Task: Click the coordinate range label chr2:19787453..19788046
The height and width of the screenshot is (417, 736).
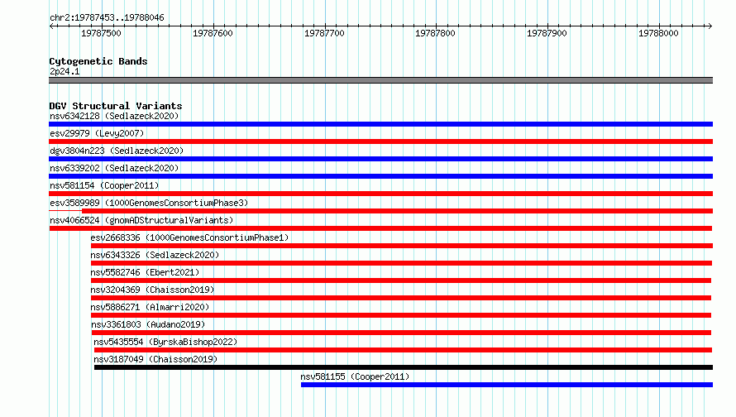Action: [x=107, y=18]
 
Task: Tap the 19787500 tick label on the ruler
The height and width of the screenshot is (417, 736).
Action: [x=101, y=33]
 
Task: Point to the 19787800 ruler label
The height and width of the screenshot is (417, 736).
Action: [x=435, y=33]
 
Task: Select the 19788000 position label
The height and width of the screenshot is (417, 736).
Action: [x=658, y=33]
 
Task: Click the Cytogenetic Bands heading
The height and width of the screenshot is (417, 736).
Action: [x=98, y=61]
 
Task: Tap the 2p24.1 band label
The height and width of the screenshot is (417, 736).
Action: [x=65, y=71]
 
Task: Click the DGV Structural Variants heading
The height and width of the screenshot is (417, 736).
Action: [x=116, y=106]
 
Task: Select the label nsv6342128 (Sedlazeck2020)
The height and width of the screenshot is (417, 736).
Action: [x=114, y=116]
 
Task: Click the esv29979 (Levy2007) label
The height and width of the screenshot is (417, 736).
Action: [x=97, y=133]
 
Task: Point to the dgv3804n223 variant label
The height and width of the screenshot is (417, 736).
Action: [x=117, y=151]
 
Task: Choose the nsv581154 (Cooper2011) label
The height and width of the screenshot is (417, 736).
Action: [x=104, y=185]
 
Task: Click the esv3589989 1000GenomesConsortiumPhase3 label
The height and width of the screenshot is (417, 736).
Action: [x=149, y=203]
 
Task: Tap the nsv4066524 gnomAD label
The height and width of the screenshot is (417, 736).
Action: [x=141, y=220]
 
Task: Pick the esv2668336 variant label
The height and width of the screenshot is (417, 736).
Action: [x=189, y=237]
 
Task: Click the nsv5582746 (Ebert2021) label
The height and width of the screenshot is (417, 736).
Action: [x=145, y=272]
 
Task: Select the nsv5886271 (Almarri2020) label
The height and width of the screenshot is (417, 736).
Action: [x=150, y=307]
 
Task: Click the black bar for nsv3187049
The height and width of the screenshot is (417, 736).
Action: [x=404, y=367]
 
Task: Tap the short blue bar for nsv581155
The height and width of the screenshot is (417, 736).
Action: [x=507, y=385]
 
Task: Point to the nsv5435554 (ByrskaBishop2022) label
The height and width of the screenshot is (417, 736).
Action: [x=165, y=342]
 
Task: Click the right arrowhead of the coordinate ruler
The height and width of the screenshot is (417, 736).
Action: [x=710, y=26]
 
